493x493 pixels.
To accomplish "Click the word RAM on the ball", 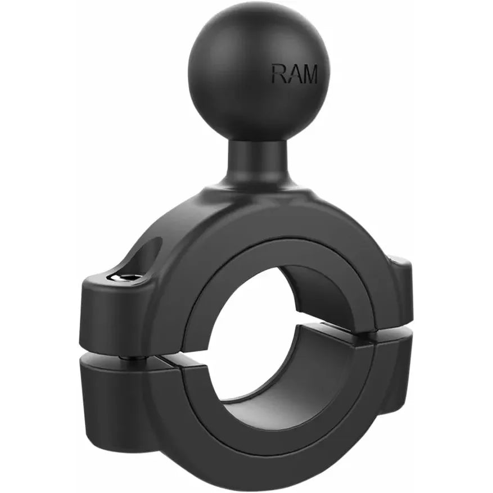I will click(295, 74).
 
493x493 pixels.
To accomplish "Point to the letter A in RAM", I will click(293, 74).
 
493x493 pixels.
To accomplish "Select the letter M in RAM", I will click(309, 74).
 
